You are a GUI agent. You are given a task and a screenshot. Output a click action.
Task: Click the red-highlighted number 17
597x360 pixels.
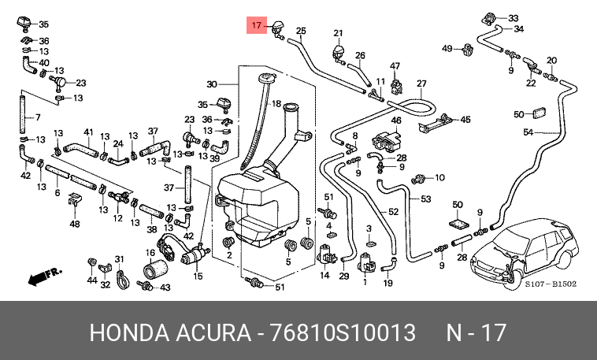[x=257, y=25]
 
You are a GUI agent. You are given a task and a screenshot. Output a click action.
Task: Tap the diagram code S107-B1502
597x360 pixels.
[x=551, y=284]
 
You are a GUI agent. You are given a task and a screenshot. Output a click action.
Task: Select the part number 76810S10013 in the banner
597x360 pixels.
[x=343, y=332]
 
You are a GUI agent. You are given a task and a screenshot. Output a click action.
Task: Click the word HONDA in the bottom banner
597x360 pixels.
[x=129, y=332]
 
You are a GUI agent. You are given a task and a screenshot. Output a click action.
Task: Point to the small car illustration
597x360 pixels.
[x=525, y=254]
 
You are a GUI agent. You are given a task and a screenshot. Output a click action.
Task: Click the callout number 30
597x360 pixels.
[x=212, y=84]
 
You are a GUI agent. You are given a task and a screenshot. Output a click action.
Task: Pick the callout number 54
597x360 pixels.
[x=528, y=132]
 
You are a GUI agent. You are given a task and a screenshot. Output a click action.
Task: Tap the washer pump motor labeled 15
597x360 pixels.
[x=195, y=255]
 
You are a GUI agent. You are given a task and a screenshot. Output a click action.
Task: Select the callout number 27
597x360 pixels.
[x=421, y=84]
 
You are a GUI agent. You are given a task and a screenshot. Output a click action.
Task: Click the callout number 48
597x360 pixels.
[x=75, y=224]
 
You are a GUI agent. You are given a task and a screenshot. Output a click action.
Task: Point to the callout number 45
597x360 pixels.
[x=465, y=120]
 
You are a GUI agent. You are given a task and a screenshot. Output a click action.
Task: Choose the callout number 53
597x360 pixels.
[x=425, y=199]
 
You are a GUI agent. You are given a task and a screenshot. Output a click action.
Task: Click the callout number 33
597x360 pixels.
[x=514, y=18]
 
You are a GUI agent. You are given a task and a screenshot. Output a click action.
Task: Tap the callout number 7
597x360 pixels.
[x=38, y=117]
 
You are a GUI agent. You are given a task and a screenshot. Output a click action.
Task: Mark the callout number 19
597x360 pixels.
[x=387, y=283]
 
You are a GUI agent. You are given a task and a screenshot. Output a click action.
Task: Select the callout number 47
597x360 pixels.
[x=395, y=66]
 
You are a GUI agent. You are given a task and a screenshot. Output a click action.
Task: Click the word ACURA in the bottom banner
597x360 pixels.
[x=213, y=332]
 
